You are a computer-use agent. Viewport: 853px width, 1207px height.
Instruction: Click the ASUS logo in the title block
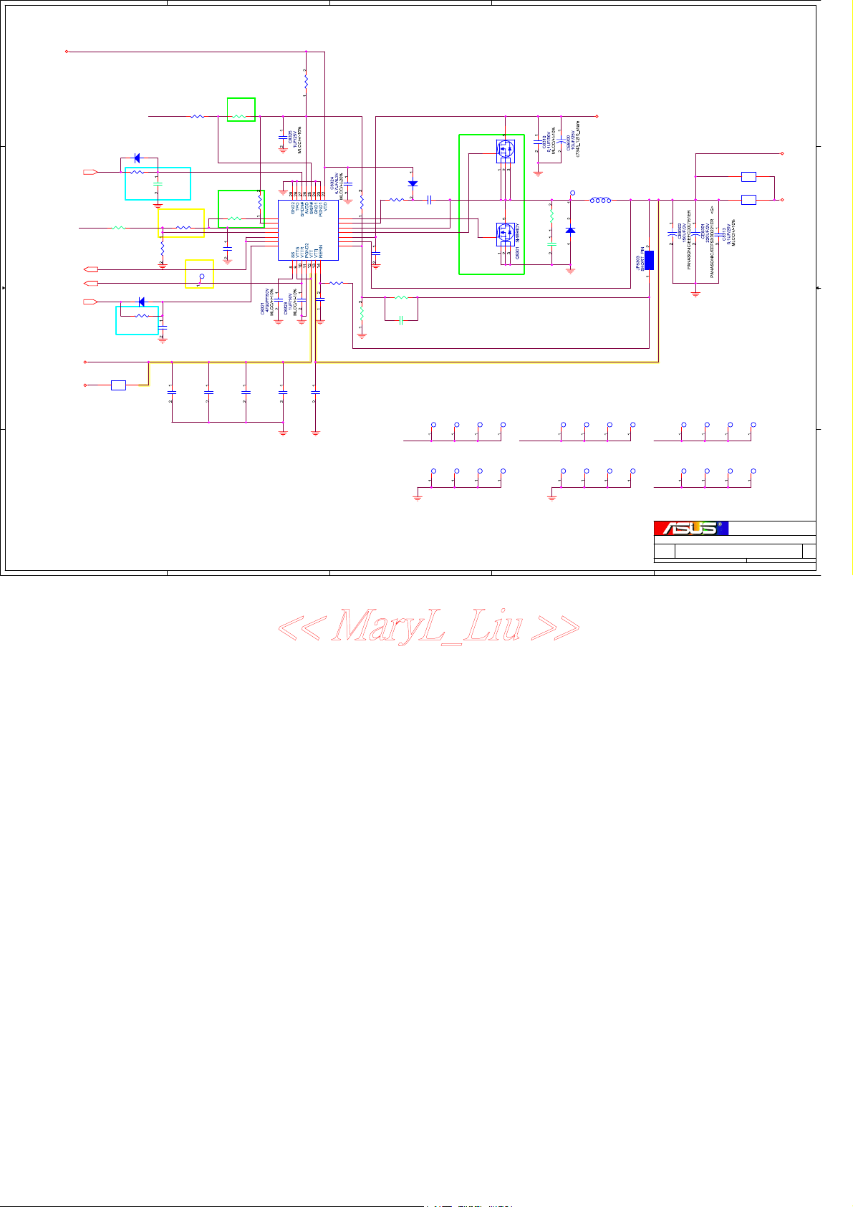point(690,528)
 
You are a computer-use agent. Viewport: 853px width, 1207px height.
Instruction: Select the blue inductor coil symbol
point(600,201)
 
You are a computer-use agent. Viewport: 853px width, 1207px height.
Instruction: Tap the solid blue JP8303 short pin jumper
point(649,261)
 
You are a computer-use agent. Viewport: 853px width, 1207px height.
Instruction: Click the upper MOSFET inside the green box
point(506,150)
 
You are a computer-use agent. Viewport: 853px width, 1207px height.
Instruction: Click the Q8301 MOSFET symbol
point(506,232)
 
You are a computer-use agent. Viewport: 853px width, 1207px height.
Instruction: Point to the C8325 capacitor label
point(290,136)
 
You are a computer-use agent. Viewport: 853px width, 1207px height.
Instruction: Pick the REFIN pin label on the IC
point(321,251)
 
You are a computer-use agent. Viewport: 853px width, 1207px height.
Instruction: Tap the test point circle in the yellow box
point(202,276)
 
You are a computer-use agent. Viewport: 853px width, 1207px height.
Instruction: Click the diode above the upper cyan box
point(137,159)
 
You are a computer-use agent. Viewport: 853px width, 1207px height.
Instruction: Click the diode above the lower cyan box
point(141,302)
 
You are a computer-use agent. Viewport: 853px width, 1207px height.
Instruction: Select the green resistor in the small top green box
point(241,115)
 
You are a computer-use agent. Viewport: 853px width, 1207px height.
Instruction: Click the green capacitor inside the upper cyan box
point(158,185)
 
